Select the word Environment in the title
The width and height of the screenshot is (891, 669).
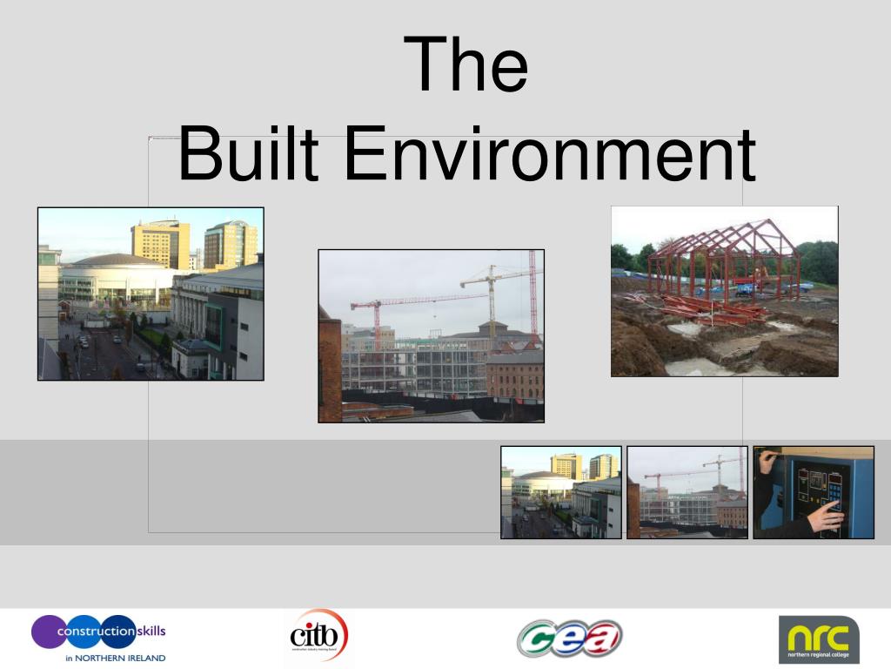[x=549, y=155]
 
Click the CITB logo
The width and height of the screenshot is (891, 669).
[x=318, y=636]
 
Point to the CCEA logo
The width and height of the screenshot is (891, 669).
[x=569, y=638]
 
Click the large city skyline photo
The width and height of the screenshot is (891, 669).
[x=151, y=294]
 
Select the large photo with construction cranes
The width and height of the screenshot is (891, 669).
[x=431, y=335]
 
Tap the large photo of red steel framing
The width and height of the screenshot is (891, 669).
[x=724, y=291]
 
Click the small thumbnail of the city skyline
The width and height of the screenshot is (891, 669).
[x=561, y=492]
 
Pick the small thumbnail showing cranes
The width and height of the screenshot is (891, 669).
[x=687, y=492]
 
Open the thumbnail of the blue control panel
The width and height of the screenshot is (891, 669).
[x=814, y=492]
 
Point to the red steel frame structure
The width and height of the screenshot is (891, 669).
[x=722, y=257]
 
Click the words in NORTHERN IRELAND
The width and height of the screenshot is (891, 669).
[x=115, y=658]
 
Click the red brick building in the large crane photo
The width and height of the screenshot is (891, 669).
[x=513, y=375]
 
